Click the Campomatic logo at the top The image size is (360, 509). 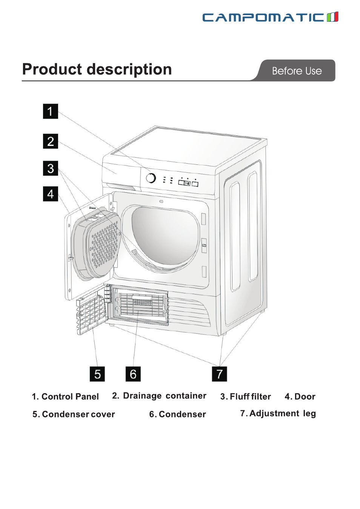point(270,17)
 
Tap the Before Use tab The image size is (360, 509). point(297,71)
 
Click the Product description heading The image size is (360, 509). point(97,69)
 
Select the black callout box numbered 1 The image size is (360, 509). point(50,111)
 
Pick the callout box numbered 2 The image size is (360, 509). point(50,141)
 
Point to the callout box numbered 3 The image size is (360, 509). point(50,168)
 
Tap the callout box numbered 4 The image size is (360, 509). point(50,194)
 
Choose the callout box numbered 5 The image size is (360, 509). point(97,374)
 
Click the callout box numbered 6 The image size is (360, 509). point(133,374)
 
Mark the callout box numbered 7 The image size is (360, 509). point(219,374)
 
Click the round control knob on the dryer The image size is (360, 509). point(151,178)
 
